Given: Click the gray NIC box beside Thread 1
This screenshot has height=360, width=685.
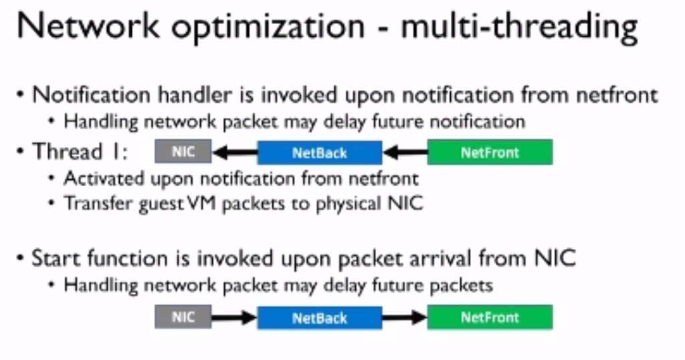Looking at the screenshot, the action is tap(183, 151).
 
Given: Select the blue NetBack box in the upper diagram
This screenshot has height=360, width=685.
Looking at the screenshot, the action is tap(319, 153).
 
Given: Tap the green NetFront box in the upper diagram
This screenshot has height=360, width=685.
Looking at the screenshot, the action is tap(490, 152).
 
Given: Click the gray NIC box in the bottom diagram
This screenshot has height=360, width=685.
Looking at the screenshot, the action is tap(183, 317).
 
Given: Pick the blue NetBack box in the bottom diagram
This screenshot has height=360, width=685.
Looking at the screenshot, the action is tap(319, 318).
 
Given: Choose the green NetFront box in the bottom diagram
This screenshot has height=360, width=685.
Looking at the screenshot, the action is tap(490, 317).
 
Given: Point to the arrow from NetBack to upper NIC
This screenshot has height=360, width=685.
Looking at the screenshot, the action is tap(235, 153).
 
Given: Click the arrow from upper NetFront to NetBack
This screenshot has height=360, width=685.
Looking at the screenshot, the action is tap(405, 153).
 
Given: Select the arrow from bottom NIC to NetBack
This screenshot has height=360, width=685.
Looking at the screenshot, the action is tap(235, 318).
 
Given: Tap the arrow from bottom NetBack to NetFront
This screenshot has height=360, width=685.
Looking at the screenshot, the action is tap(405, 318).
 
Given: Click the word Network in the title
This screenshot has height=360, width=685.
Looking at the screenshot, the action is tap(88, 26).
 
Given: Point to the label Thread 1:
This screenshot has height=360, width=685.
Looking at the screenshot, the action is tap(80, 152).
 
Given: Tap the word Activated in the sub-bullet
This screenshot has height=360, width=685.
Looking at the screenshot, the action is tap(104, 178).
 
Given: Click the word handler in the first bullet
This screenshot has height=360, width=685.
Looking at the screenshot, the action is tap(195, 95).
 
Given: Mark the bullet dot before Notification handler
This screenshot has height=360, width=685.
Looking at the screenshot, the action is tap(20, 94).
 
